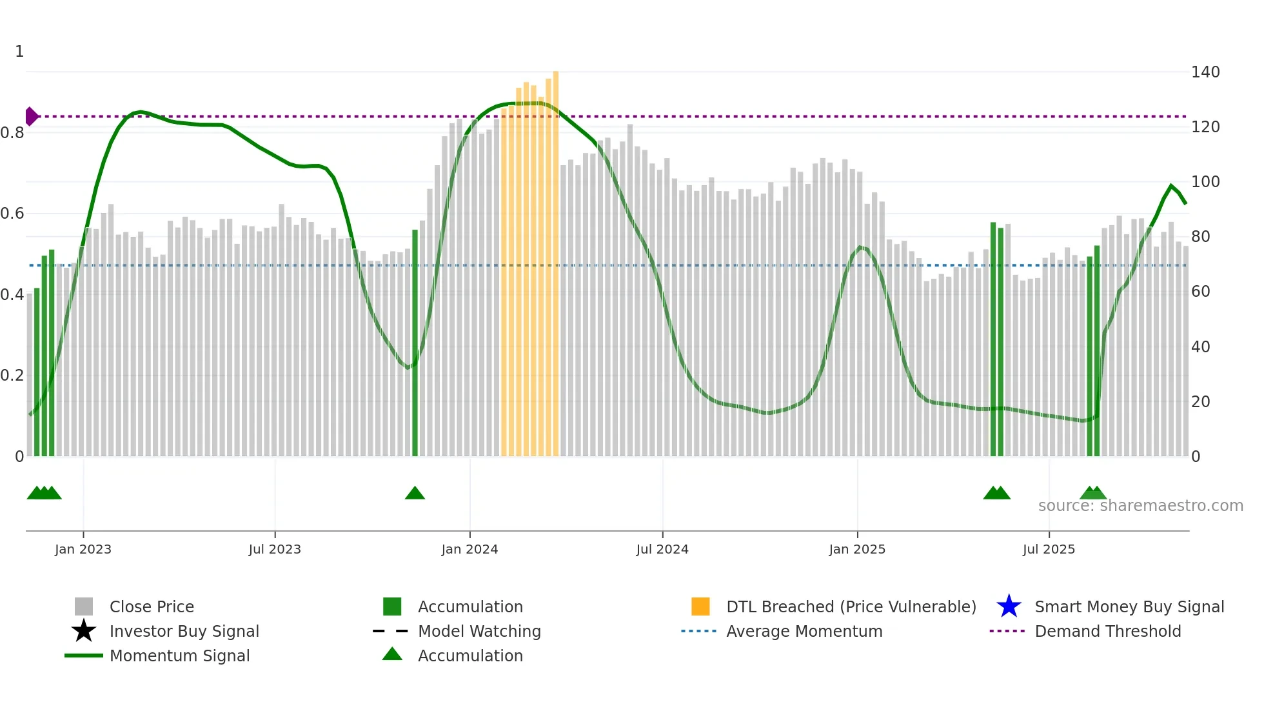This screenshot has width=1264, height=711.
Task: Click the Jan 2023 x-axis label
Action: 83,549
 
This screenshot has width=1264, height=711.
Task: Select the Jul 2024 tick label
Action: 662,549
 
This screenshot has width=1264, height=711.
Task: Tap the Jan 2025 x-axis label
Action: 857,549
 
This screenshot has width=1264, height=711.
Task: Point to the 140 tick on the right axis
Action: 1205,72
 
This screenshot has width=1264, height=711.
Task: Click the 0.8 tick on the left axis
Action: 13,133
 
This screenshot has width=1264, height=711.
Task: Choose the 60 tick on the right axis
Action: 1201,292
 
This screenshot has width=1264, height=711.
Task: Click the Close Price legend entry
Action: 152,606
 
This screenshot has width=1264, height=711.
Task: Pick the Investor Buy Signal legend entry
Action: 184,631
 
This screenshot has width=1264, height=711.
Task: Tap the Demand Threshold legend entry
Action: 1107,631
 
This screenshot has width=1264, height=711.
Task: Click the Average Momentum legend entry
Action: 804,631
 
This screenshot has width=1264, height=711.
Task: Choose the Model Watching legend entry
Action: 479,631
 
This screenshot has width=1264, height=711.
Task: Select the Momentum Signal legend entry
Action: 179,656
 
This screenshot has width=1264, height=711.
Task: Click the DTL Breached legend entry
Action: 851,606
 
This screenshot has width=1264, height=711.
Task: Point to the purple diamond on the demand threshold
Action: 31,117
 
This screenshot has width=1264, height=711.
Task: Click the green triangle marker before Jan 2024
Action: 415,494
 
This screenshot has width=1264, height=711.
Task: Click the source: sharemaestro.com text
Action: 1140,506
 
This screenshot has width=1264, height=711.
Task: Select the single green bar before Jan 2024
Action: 415,342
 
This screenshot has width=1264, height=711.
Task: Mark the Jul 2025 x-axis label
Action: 1049,549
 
